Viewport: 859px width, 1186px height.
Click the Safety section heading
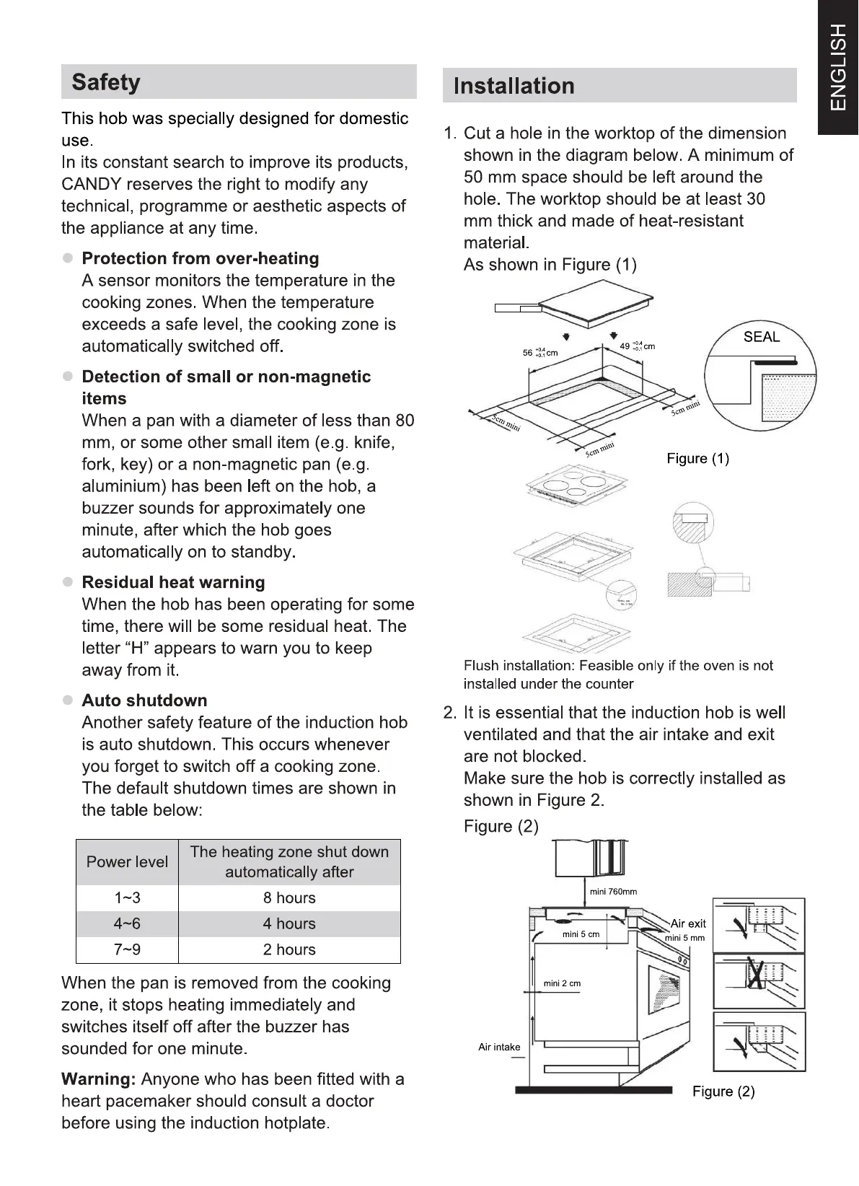pos(106,82)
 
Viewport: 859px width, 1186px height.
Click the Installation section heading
pos(514,86)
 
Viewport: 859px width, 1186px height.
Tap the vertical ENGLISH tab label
pos(838,67)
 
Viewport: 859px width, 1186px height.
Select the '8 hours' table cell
pos(289,898)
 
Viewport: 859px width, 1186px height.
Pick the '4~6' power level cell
pos(127,924)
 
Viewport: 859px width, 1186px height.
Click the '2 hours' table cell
pos(289,950)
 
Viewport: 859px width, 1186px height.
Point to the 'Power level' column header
pos(127,862)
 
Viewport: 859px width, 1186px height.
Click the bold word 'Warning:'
pos(99,1079)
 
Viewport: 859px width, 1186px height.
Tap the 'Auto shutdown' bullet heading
pos(144,700)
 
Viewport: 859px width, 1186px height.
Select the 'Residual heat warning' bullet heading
pos(173,582)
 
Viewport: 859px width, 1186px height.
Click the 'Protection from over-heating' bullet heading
pos(200,258)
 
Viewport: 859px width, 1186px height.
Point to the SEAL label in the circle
pos(761,337)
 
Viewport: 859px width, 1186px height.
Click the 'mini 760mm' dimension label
pos(613,892)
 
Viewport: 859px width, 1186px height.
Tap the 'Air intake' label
pos(499,1047)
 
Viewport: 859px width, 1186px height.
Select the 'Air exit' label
pos(688,923)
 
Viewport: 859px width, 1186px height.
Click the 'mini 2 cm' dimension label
pos(562,983)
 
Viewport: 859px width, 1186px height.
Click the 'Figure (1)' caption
pos(697,459)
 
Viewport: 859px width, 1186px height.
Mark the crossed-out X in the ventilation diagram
pos(755,974)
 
